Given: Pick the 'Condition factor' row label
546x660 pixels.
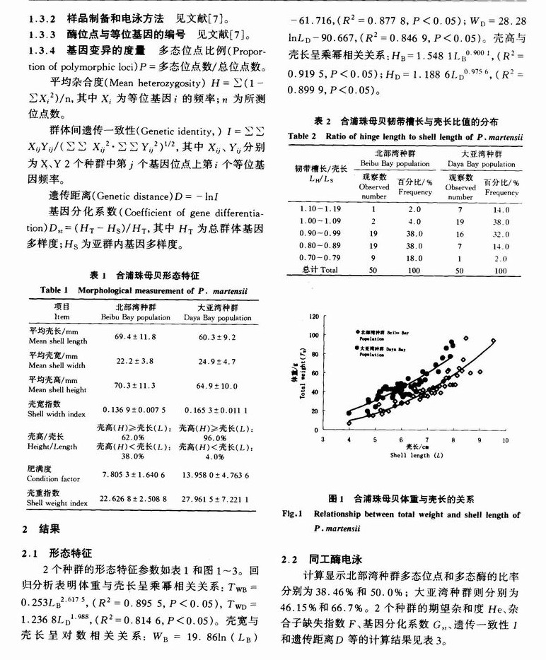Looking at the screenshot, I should [54, 478].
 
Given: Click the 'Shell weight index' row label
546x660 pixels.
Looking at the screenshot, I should [58, 503].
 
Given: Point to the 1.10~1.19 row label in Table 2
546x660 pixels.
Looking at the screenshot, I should [320, 209].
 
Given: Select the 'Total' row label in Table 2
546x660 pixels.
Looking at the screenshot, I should [320, 270].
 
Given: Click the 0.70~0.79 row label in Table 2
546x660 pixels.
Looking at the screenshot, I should [320, 258].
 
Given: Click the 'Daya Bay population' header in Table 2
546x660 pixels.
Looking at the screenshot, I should [481, 164].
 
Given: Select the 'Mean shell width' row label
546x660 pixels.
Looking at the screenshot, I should [57, 365].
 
